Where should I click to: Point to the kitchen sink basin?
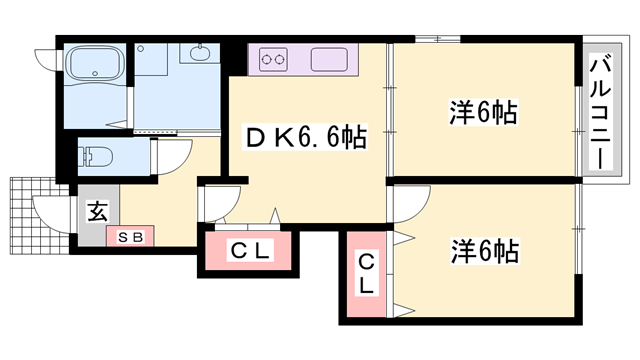pos(329,59)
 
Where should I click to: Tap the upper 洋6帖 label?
pos(482,112)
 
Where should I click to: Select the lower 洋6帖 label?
pos(482,250)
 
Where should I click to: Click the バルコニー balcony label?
pos(602,111)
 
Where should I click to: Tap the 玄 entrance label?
pos(97,212)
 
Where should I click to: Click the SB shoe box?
pos(130,238)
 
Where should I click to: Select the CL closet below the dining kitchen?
pos(251,251)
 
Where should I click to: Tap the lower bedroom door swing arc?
pos(402,205)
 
